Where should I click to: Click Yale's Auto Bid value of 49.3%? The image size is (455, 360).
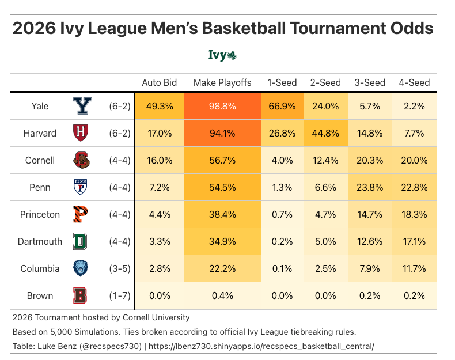159,106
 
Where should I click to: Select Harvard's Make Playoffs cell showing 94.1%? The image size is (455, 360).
222,133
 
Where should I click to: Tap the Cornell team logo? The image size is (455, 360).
82,160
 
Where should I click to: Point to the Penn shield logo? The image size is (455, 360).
82,187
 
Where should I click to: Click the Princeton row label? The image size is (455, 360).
40,214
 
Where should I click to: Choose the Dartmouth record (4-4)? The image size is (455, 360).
120,241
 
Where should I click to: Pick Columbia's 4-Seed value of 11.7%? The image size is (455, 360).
414,268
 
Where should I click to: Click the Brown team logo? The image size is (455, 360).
82,295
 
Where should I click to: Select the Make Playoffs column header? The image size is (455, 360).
222,82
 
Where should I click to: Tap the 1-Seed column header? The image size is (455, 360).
282,82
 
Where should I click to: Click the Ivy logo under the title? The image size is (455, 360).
223,55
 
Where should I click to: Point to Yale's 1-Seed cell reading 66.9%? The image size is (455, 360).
282,106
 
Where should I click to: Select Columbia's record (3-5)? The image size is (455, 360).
120,268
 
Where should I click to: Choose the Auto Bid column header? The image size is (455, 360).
159,82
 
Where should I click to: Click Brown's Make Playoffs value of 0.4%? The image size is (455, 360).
222,295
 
